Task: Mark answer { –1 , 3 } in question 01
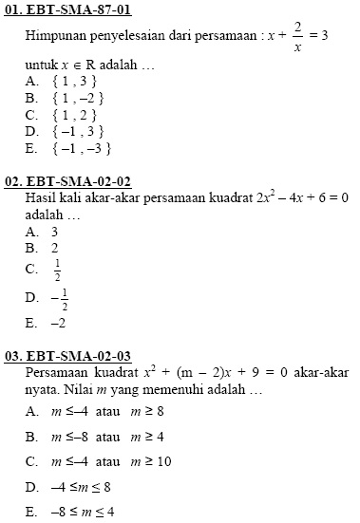[77, 131]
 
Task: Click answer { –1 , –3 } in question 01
[81, 148]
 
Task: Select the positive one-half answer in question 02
[58, 269]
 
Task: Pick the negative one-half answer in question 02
[60, 300]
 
